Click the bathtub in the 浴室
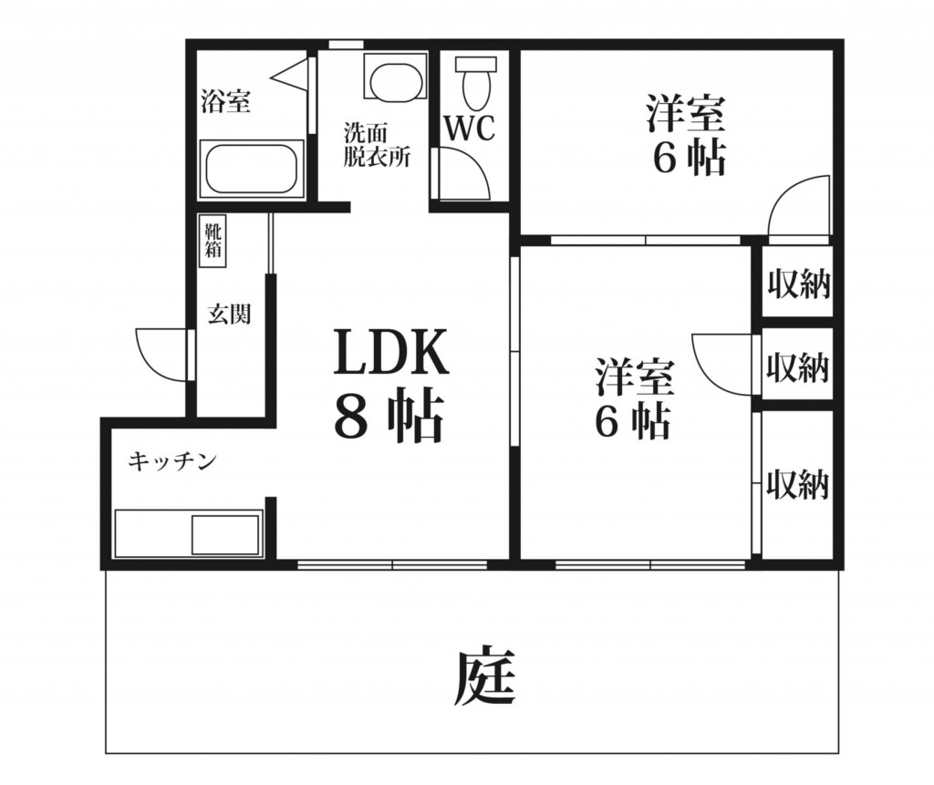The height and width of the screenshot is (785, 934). tap(252, 168)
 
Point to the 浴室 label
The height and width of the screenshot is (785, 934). tap(225, 100)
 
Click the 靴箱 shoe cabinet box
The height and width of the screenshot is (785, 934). tap(212, 241)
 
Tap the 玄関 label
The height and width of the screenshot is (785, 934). tap(229, 314)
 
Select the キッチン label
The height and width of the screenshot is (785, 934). tap(171, 461)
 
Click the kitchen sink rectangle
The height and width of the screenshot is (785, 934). tap(225, 534)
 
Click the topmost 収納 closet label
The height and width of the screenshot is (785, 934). tap(798, 284)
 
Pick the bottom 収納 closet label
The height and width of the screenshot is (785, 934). tap(797, 483)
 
